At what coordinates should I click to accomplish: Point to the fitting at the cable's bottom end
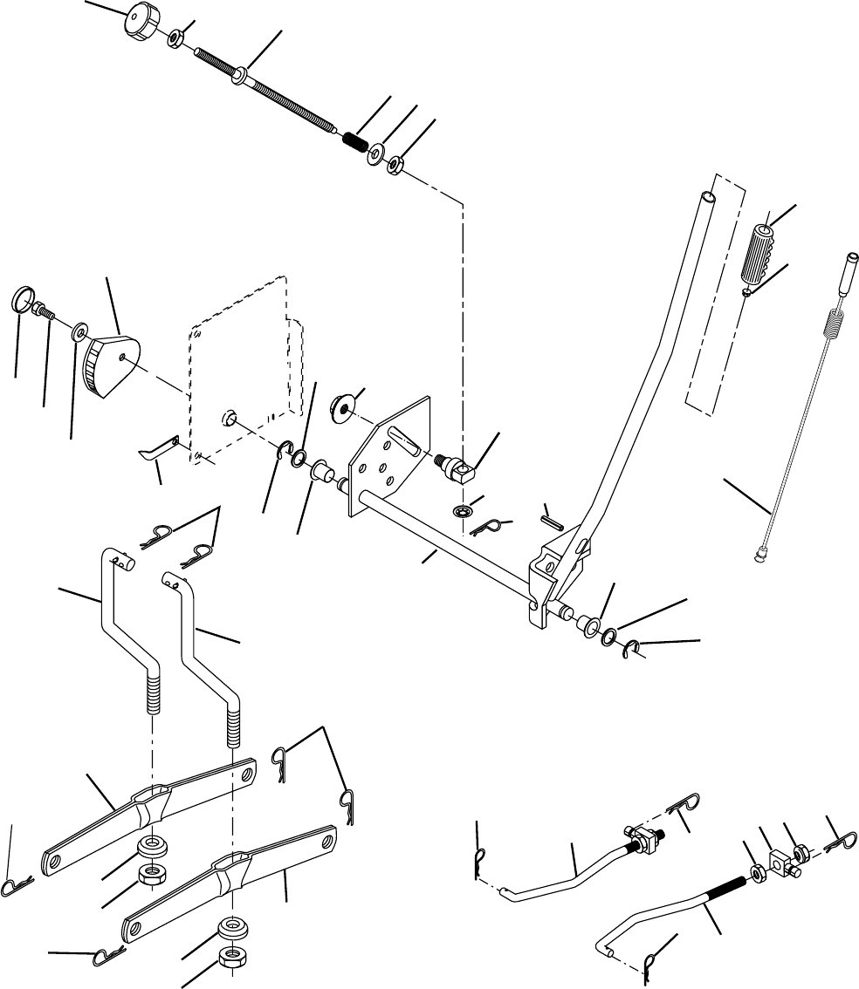(761, 551)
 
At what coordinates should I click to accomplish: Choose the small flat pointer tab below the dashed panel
(160, 448)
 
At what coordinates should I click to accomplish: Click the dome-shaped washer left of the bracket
(341, 406)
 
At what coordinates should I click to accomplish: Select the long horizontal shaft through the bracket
(445, 545)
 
